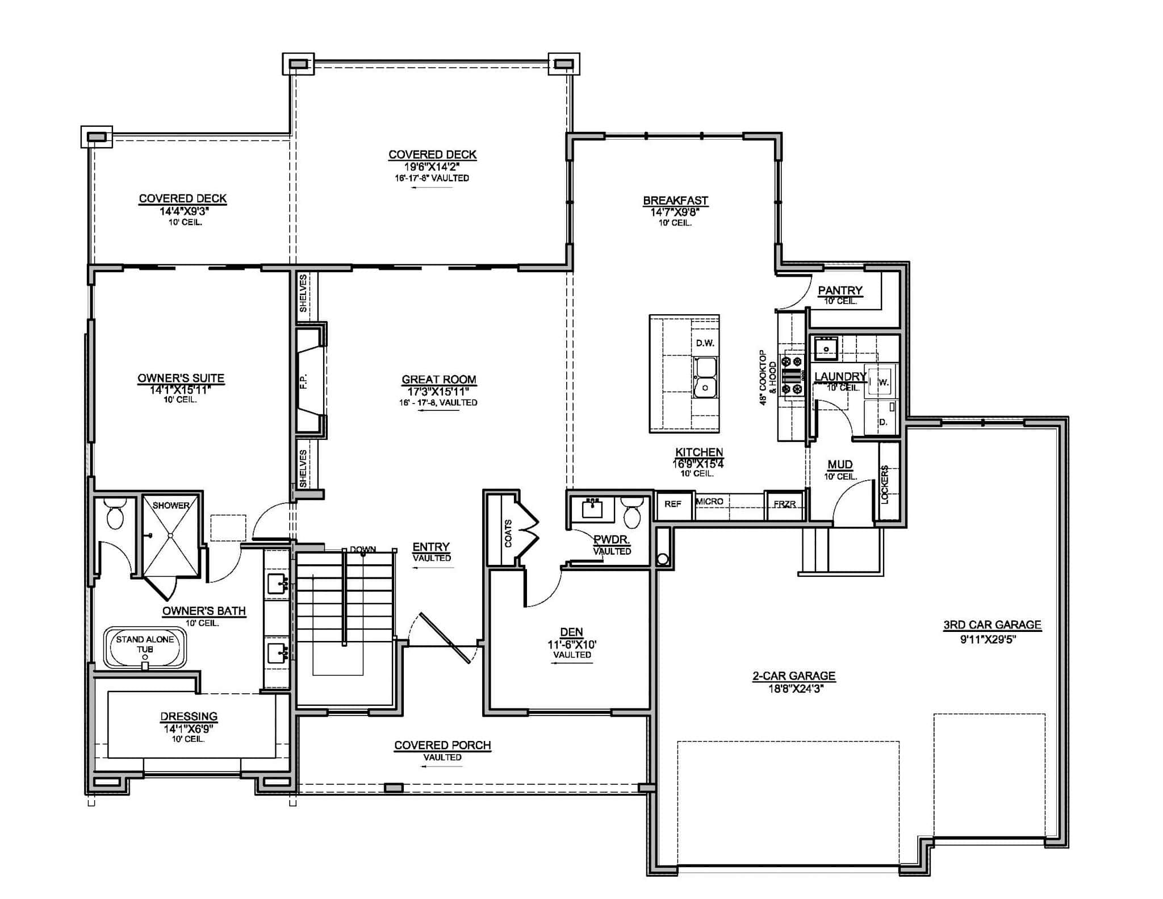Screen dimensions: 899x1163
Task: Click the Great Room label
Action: pos(438,380)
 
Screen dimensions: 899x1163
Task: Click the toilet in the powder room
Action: pos(631,513)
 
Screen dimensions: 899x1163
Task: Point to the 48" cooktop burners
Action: pos(792,375)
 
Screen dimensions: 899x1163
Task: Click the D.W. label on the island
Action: pos(705,343)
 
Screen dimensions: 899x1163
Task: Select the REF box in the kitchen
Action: pos(673,504)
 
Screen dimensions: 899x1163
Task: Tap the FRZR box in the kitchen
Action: pos(784,504)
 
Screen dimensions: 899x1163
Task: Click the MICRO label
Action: pos(710,501)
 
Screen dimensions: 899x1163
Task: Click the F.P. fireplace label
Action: pos(303,381)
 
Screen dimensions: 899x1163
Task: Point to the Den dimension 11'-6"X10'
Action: pos(572,644)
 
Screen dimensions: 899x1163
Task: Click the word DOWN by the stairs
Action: pos(363,550)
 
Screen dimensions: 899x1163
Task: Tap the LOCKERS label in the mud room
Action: pos(885,484)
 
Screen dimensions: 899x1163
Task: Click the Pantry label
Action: pos(840,290)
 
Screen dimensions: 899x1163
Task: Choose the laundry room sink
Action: pos(826,348)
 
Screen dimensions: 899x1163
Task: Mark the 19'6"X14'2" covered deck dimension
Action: pos(432,167)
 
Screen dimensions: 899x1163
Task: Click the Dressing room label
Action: pos(189,717)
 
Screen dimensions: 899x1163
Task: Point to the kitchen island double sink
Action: pos(705,377)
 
